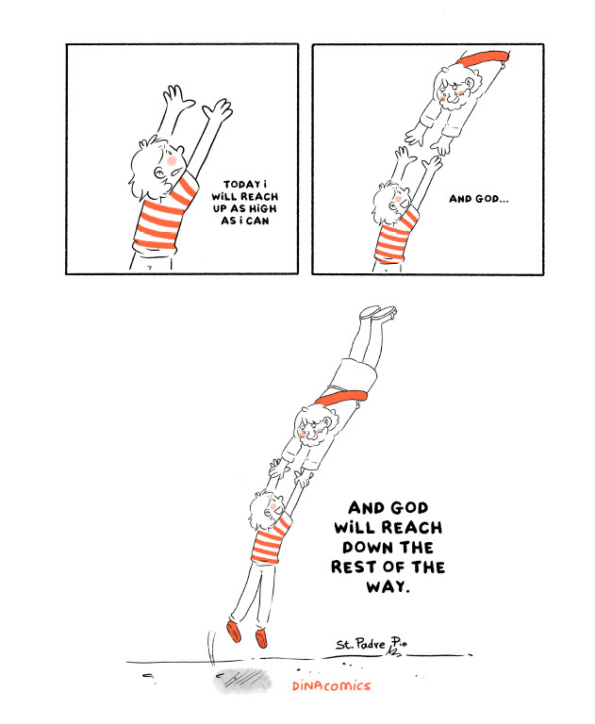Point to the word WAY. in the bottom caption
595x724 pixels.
(x=388, y=586)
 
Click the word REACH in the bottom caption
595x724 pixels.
(x=412, y=527)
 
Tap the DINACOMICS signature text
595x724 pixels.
(x=330, y=686)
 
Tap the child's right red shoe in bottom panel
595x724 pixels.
(x=261, y=638)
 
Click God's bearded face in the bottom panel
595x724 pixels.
(x=310, y=431)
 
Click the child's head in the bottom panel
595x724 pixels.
(x=268, y=505)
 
